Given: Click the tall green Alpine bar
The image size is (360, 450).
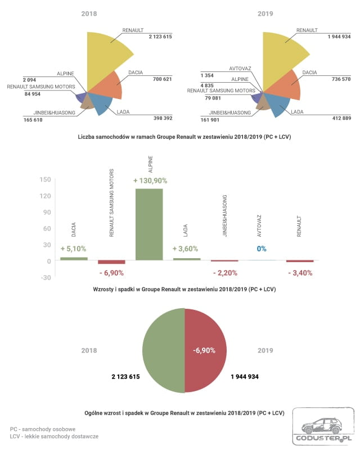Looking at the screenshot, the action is point(149,224).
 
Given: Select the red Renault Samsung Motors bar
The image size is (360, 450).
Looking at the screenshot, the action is point(111,262).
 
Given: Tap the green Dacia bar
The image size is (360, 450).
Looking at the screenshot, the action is point(74,259).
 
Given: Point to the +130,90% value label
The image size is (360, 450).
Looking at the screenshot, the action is point(150,181).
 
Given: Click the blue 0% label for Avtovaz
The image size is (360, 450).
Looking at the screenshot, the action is point(262,249).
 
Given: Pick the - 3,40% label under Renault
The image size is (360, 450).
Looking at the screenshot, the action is point(300,273).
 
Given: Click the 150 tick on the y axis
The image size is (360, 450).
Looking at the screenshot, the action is point(45,179).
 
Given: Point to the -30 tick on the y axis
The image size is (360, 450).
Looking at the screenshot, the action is point(45,277).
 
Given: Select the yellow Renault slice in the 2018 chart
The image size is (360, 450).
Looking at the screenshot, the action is point(106,57).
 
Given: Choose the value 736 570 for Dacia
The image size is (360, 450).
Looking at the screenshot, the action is point(341,79).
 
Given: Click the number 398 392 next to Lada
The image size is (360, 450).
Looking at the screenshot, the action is point(163,118).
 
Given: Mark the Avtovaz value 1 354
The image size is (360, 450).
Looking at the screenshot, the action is point(207,75).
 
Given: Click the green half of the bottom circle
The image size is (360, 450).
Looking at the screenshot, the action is point(164,350).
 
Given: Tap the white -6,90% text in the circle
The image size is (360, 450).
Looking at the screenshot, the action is point(204,350).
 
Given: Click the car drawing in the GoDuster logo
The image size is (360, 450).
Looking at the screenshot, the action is point(322,426).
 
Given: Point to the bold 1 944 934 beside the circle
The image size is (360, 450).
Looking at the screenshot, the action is point(245,377).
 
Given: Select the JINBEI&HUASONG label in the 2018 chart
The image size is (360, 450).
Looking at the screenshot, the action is point(54,113).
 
